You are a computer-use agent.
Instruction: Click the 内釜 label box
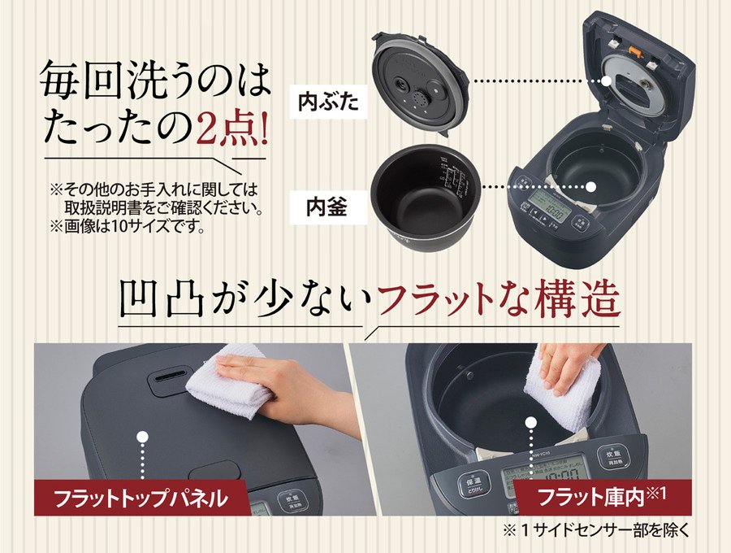click(327, 204)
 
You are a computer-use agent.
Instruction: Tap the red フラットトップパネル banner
click(129, 495)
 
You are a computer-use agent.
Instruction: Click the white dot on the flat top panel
click(141, 437)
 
